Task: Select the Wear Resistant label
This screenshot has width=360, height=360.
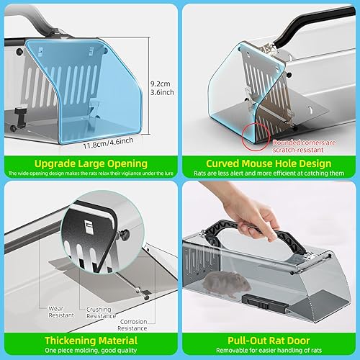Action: click(x=62, y=312)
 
